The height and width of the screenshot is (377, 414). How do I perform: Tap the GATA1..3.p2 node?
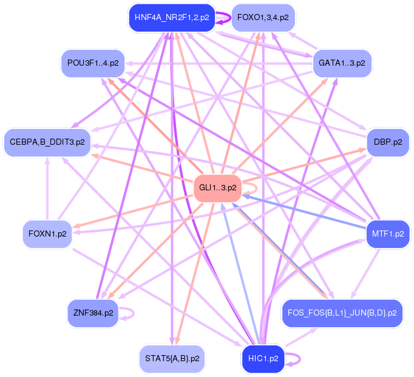[x=342, y=63]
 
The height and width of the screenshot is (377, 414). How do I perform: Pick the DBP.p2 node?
[x=387, y=142]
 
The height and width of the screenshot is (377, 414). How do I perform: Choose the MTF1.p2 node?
[x=387, y=233]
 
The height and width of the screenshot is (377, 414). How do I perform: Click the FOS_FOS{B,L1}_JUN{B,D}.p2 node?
[x=341, y=313]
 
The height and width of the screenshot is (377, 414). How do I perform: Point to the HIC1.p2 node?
[x=263, y=358]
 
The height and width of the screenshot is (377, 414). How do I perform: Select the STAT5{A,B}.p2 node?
[x=172, y=358]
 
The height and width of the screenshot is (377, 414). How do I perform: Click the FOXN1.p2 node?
[x=47, y=233]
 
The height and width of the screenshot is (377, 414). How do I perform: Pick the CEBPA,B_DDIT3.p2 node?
[x=47, y=142]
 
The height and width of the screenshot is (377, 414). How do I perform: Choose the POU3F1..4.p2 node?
[x=93, y=63]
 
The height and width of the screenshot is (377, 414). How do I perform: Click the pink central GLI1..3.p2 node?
[x=217, y=187]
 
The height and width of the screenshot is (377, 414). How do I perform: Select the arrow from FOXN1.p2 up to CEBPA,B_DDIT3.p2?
[x=47, y=188]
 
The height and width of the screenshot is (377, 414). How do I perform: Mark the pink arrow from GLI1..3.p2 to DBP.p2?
[x=304, y=165]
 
